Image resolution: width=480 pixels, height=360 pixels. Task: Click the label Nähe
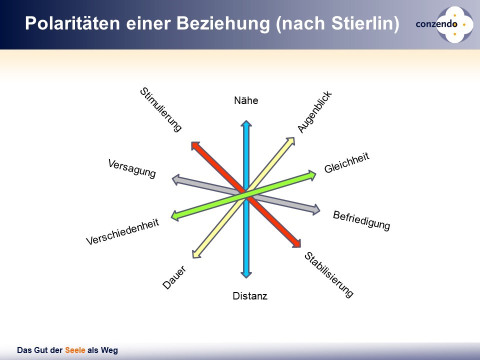coord(246,100)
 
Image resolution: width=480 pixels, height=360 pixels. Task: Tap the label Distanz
coord(250,296)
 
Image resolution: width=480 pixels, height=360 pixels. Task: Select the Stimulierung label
coord(161,109)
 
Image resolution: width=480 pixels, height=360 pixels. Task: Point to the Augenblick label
coord(314,111)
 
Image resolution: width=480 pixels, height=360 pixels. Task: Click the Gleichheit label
coord(347,162)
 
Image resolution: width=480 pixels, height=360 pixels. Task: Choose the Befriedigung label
coord(361,220)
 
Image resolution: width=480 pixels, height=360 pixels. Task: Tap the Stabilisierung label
coord(329,274)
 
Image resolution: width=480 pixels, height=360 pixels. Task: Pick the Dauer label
coord(174,277)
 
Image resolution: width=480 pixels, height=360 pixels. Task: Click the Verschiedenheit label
coord(122,231)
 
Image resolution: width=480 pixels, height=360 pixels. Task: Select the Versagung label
coord(132,168)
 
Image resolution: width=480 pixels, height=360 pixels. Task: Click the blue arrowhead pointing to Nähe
coord(246,123)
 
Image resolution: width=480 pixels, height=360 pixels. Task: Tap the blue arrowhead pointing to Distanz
coord(246,274)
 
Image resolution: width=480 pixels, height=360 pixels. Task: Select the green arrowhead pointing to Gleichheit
coord(312,175)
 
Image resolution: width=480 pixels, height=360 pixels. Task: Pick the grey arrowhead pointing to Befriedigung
coord(316,209)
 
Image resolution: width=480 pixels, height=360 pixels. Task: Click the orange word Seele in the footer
coord(75,350)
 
